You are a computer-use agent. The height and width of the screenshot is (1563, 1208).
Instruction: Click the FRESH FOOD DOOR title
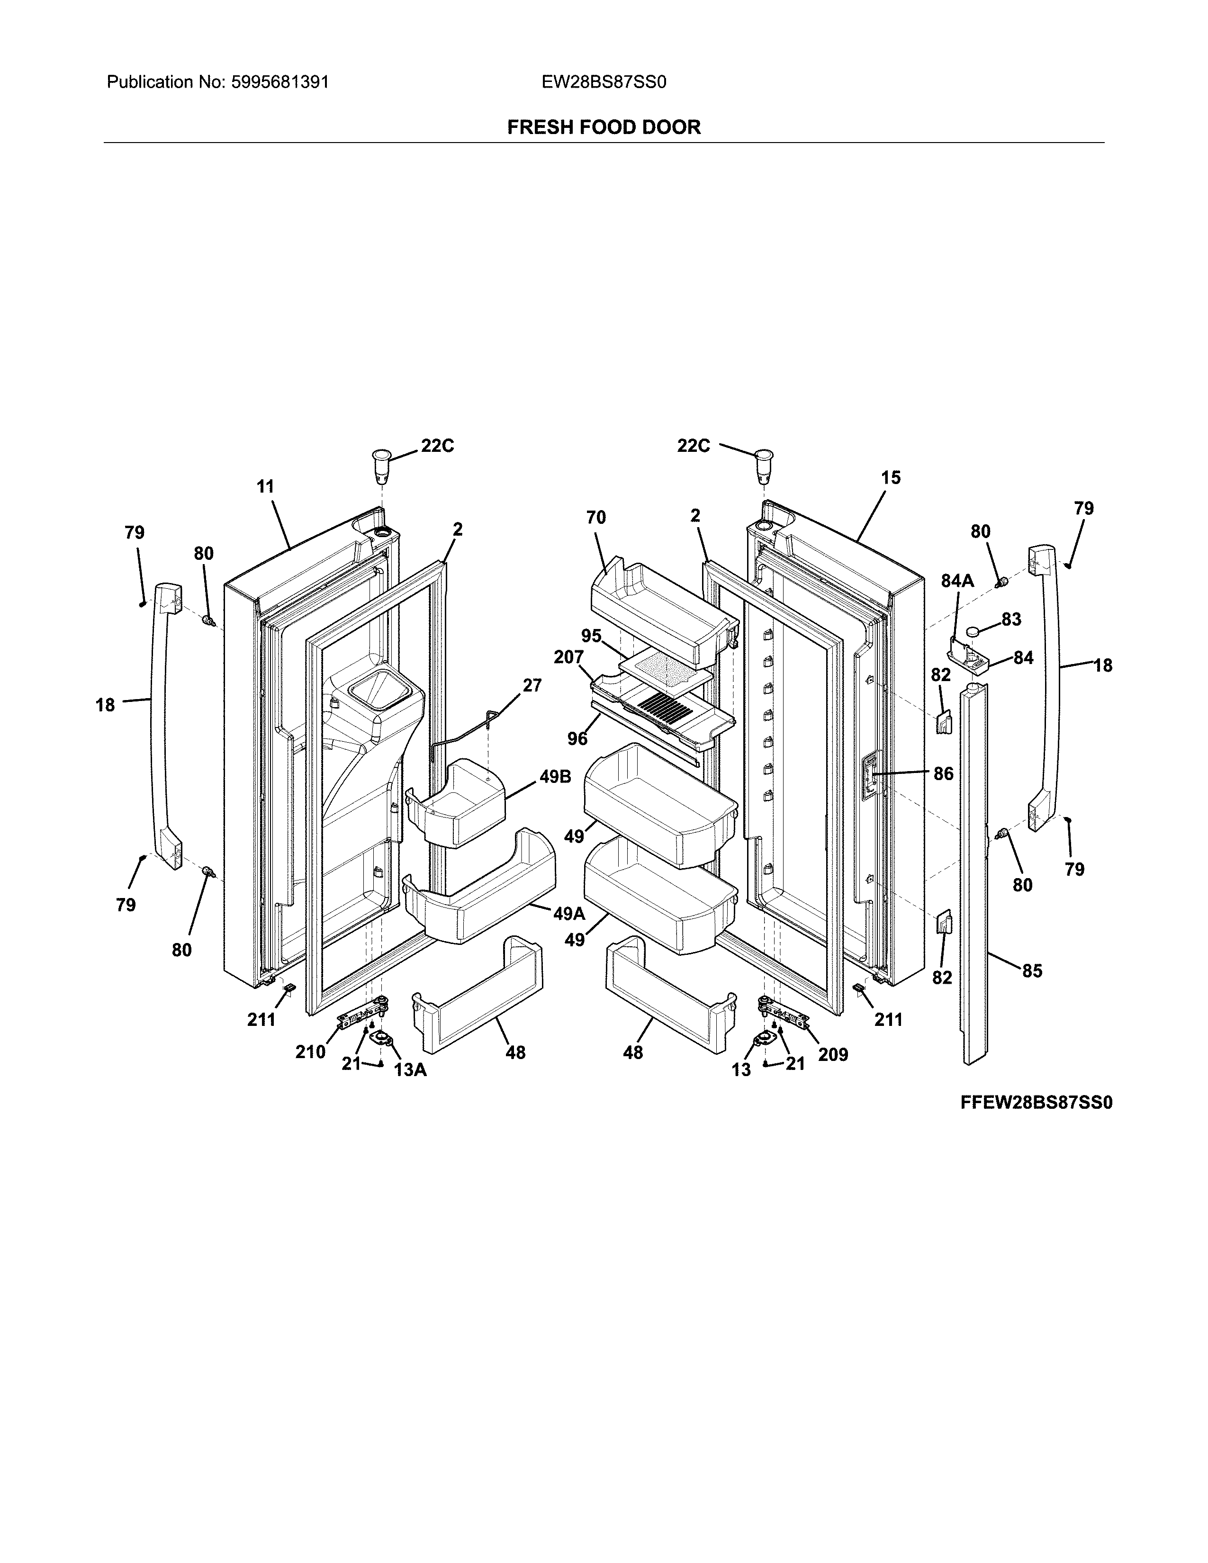click(x=603, y=127)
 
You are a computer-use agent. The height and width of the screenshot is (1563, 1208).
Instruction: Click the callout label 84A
click(x=957, y=581)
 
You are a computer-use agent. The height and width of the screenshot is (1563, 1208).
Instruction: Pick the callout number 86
click(x=943, y=773)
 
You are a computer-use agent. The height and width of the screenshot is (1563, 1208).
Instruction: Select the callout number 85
click(x=1032, y=971)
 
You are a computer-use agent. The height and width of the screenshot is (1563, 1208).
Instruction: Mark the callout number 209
click(x=833, y=1054)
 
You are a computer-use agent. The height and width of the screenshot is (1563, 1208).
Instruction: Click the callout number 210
click(x=311, y=1052)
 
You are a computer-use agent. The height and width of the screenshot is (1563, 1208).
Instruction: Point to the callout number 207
click(x=569, y=656)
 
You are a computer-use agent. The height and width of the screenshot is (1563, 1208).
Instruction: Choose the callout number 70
click(x=595, y=517)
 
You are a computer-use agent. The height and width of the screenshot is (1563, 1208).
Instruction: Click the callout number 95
click(x=591, y=636)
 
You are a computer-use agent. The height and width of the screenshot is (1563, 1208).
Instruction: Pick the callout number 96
click(x=577, y=738)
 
